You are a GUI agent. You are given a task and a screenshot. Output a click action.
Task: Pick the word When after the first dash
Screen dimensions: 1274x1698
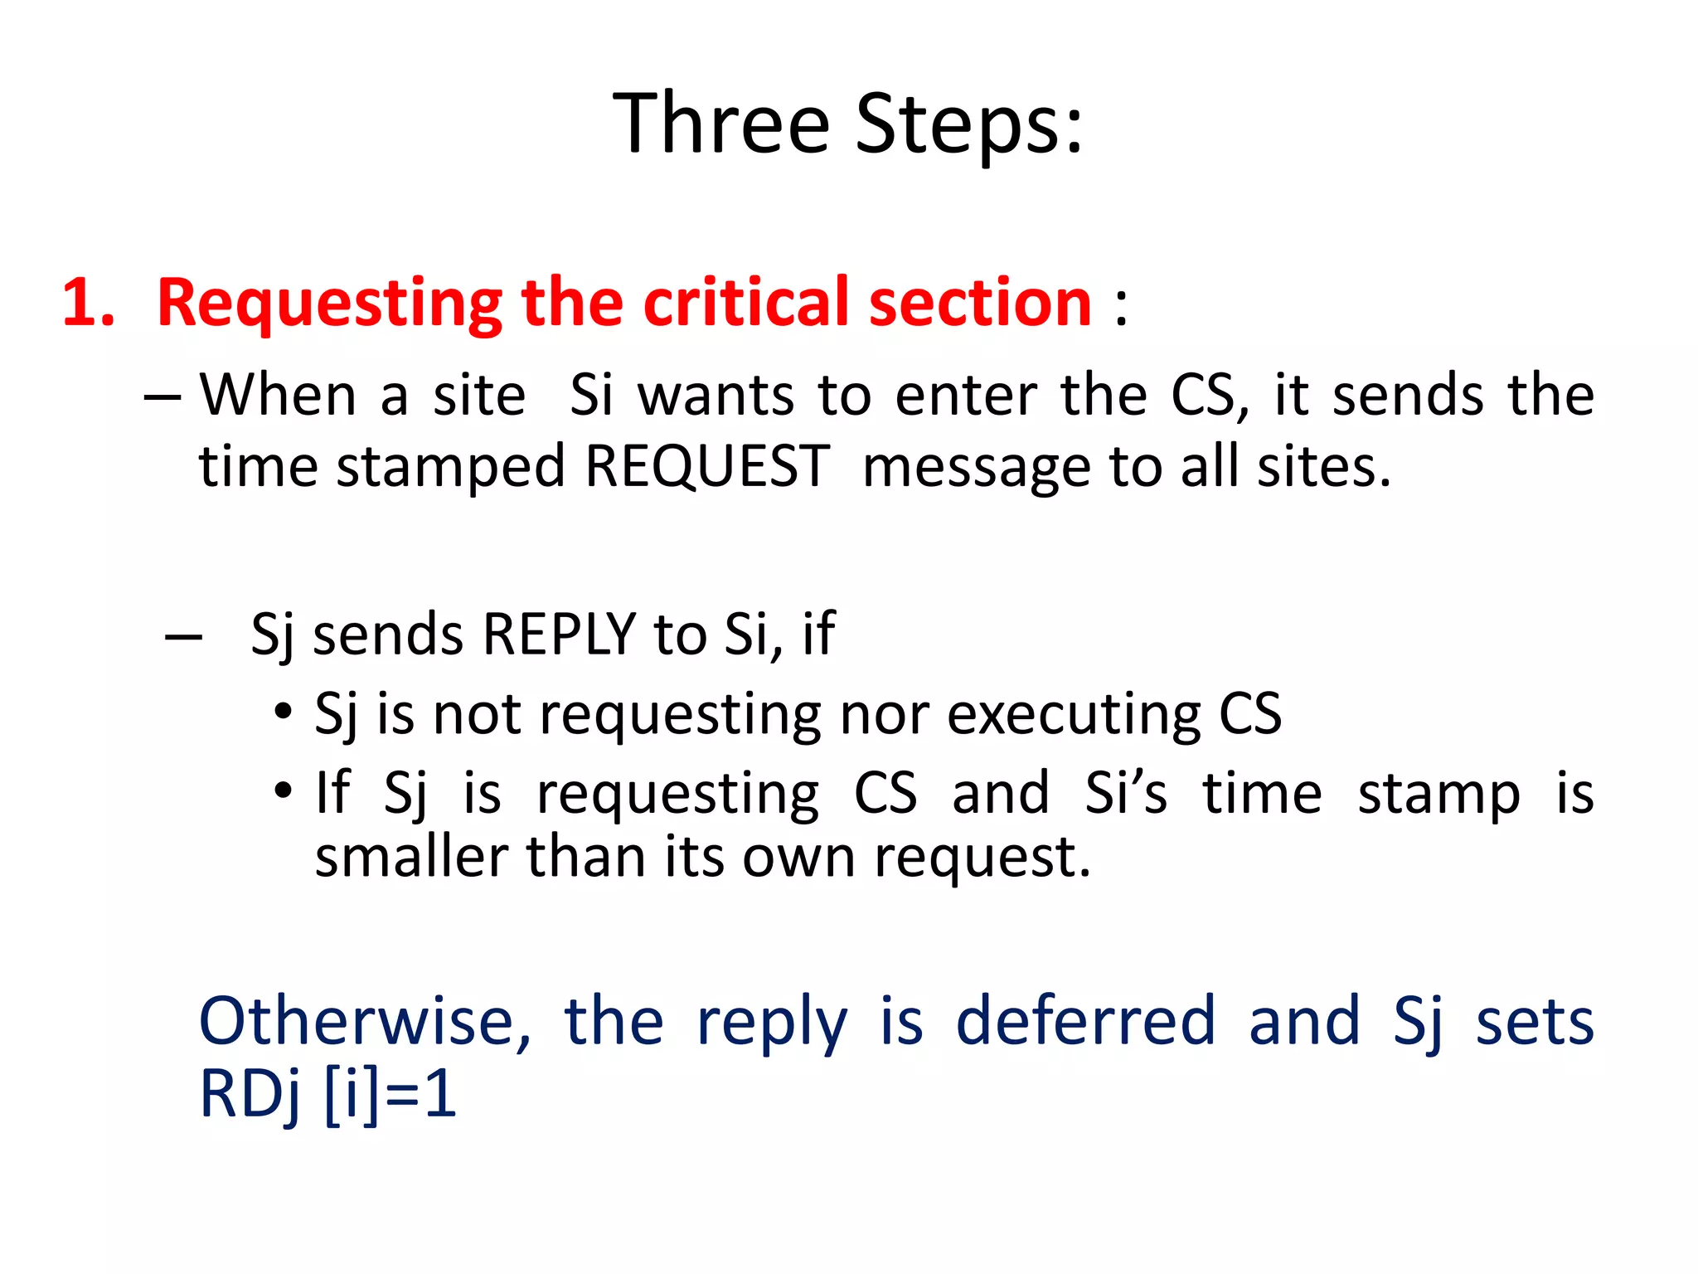tap(278, 395)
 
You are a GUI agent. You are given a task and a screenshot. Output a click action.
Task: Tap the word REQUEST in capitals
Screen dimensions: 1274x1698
tap(707, 466)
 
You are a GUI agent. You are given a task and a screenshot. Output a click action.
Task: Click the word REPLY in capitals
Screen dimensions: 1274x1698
tap(559, 635)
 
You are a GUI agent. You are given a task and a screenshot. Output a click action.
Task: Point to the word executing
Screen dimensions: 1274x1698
tap(1074, 715)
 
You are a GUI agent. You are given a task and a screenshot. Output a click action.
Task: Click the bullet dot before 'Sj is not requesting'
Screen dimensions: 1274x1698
tap(284, 712)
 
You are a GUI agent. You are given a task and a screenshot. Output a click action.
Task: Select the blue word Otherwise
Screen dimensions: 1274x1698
tap(365, 1021)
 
